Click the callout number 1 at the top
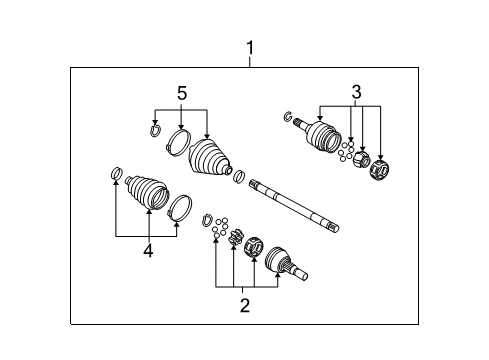pyautogui.click(x=251, y=47)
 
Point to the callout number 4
pyautogui.click(x=147, y=251)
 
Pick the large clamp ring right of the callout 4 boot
pyautogui.click(x=180, y=208)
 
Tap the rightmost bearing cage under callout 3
pyautogui.click(x=380, y=172)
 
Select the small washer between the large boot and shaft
pyautogui.click(x=239, y=178)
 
